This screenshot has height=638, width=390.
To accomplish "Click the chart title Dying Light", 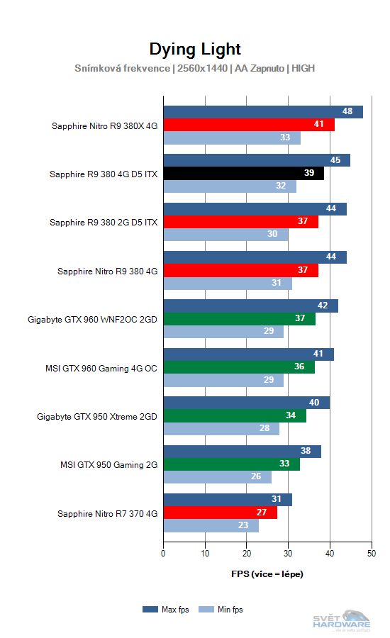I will [195, 49].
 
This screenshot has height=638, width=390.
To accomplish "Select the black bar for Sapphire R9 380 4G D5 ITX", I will [243, 174].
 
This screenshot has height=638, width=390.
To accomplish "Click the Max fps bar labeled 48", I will [263, 112].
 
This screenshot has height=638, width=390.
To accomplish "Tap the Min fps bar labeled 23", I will [211, 525].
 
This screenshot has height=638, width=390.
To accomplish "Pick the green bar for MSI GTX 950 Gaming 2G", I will [231, 464].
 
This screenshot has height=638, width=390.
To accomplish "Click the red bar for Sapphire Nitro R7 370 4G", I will [220, 513].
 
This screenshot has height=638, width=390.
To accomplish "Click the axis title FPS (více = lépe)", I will [267, 573].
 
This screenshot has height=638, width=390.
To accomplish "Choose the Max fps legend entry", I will [167, 609].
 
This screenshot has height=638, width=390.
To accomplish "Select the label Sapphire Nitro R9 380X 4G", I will [104, 125].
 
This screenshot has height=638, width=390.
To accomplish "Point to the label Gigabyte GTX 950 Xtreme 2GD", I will [97, 416].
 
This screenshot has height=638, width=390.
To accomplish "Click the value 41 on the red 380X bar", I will [319, 125].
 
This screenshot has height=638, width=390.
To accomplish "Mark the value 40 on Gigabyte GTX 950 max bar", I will [315, 403].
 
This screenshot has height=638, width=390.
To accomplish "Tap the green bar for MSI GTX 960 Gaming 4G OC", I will [238, 367].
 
